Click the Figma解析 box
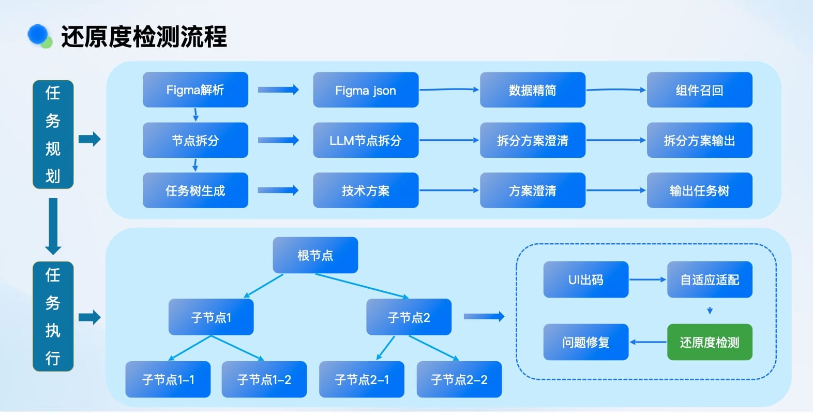195,90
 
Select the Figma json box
366,90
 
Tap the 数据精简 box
532,90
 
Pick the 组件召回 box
699,90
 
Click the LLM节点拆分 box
366,140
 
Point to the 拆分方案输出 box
699,140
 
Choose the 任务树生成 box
195,190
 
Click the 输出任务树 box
699,190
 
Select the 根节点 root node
315,255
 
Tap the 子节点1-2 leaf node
264,379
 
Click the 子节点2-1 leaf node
362,379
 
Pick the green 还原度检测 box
710,342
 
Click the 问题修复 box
585,342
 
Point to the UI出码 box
585,279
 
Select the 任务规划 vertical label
53,135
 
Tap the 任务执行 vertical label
53,316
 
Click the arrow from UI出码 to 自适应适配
648,279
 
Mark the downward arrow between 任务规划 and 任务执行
53,226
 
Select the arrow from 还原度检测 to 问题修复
648,342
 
